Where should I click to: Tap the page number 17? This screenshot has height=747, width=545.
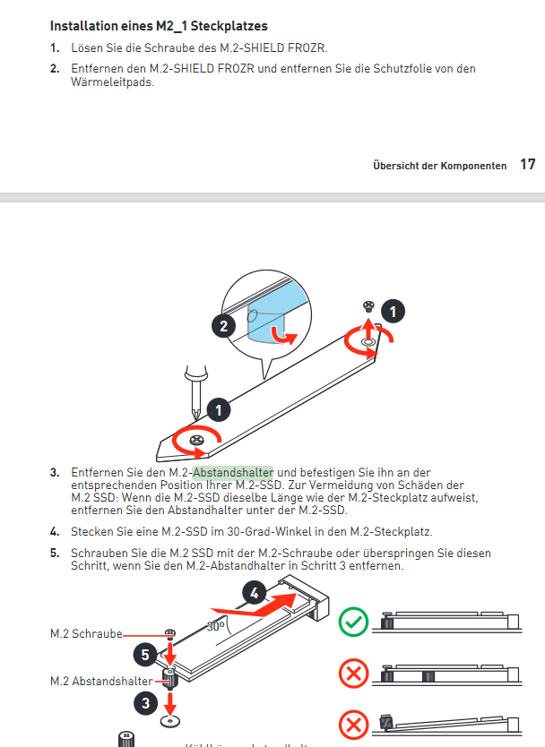click(528, 165)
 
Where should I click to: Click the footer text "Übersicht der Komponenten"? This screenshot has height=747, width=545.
click(439, 167)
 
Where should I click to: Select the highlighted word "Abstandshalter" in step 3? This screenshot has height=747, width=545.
click(234, 472)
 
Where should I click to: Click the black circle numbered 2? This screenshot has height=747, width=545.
click(224, 326)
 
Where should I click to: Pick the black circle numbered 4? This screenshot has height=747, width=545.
click(255, 592)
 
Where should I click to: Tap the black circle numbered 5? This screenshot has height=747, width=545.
click(147, 653)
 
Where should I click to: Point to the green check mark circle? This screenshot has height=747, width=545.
click(353, 622)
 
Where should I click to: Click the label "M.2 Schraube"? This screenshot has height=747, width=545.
click(86, 634)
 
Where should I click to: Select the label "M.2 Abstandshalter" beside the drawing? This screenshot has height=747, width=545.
click(100, 682)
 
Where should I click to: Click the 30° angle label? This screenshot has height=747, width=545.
click(215, 627)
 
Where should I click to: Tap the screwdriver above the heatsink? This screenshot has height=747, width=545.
click(191, 384)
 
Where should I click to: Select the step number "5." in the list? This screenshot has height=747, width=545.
click(55, 554)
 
